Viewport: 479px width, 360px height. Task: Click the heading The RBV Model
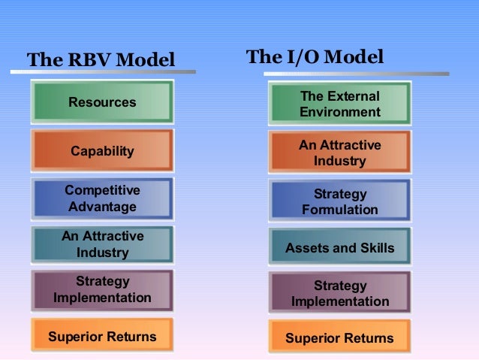101,59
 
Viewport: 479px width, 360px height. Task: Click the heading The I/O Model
315,57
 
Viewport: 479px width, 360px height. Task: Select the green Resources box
103,102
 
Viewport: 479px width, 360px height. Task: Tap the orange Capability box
103,151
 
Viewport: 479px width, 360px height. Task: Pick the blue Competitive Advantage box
103,198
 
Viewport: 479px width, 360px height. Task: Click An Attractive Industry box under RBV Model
103,244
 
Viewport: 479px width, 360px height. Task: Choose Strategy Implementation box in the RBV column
103,289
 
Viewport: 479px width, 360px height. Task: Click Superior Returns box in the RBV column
103,336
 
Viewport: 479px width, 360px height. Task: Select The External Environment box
340,104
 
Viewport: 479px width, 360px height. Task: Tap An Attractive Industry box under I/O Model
340,153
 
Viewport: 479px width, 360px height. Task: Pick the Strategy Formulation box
340,201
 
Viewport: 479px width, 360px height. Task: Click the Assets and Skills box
340,247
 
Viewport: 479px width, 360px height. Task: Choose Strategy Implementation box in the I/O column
340,293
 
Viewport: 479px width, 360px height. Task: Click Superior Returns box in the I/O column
340,338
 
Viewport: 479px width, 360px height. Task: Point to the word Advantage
103,206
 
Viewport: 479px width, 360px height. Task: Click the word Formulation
340,210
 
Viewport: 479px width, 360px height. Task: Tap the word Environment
340,113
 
